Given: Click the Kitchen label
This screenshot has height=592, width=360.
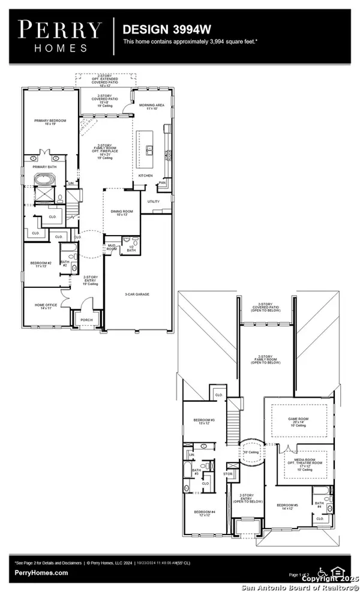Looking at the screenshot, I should pos(146,176).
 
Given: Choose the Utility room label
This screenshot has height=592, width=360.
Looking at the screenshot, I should pos(154,202).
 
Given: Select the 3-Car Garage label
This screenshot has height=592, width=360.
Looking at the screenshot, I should pos(137,295).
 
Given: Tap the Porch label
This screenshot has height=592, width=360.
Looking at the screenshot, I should pos(87,320).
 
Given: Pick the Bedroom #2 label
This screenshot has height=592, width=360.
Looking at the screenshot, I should pos(41,263).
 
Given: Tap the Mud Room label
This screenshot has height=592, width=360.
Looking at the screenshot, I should pos(112,247).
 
